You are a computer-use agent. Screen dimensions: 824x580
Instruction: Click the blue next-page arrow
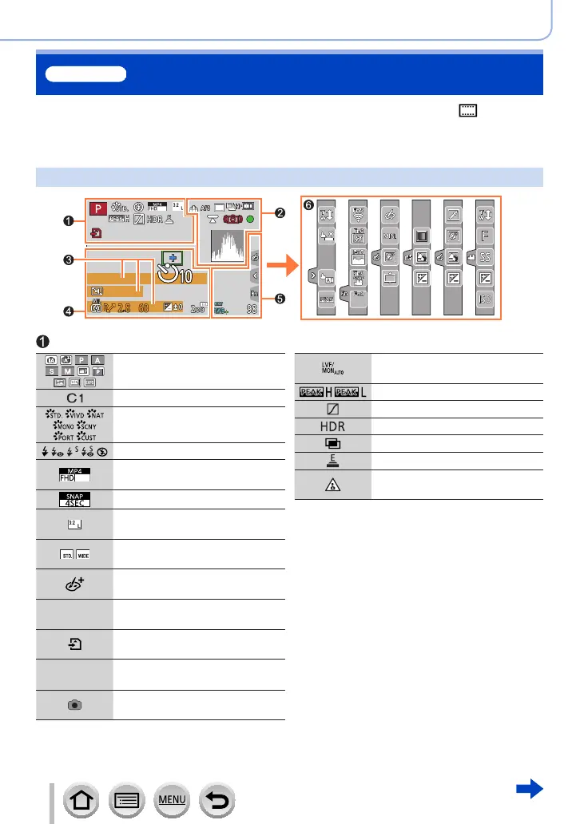point(530,790)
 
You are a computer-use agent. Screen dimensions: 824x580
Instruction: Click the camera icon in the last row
point(74,706)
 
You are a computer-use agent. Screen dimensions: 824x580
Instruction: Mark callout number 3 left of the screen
point(70,259)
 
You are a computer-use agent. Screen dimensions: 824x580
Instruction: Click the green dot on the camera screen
point(252,219)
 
